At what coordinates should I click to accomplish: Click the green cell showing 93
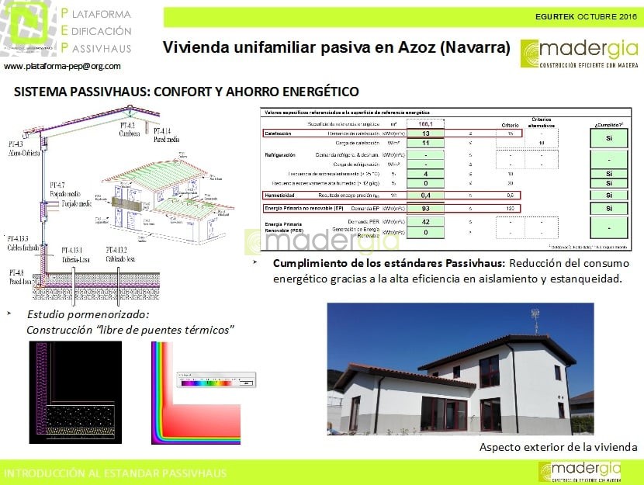pyautogui.click(x=426, y=209)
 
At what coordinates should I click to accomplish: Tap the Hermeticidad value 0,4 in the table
pyautogui.click(x=426, y=195)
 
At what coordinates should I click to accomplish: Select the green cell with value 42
pyautogui.click(x=426, y=223)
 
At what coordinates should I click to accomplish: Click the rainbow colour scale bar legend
pyautogui.click(x=210, y=382)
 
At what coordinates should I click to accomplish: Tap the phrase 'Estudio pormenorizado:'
pyautogui.click(x=87, y=314)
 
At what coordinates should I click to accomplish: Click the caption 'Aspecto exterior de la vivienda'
pyautogui.click(x=558, y=447)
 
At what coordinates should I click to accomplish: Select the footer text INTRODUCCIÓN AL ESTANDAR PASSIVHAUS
pyautogui.click(x=116, y=473)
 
